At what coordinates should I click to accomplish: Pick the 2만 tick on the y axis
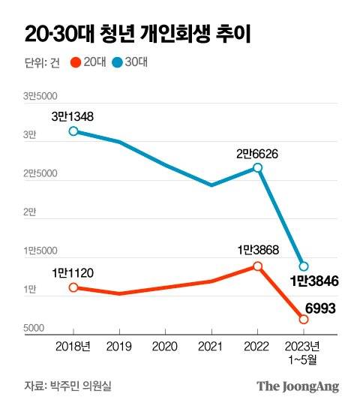pos(29,212)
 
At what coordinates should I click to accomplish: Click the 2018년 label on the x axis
pos(73,347)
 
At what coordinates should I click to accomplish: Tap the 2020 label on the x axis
pos(165,347)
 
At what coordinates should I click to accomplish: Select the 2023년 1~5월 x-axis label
pos(303,352)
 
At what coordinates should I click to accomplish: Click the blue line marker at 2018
pos(73,131)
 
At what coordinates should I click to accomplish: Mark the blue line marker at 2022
pos(257,168)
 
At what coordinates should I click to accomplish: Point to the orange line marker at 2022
pos(257,266)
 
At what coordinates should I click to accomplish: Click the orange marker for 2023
pos(303,320)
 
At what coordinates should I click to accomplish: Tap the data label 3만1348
pos(73,116)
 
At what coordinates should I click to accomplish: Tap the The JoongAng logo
pos(298,386)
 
